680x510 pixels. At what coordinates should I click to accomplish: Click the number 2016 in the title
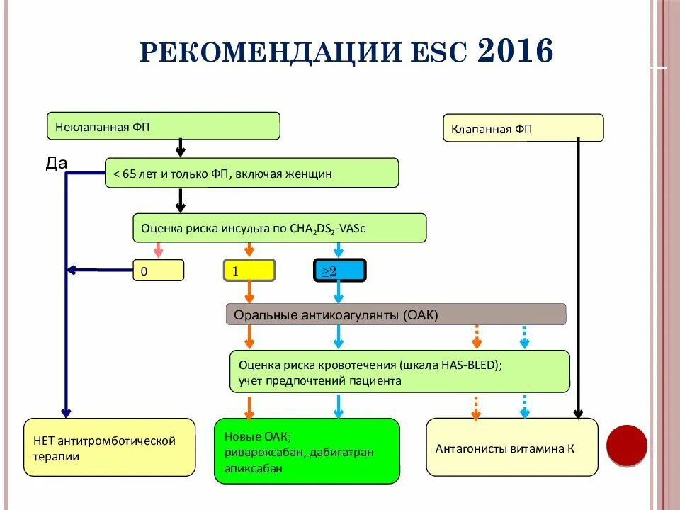(515, 51)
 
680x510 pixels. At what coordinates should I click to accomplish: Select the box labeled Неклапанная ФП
(164, 126)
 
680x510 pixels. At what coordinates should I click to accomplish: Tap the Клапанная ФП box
(523, 128)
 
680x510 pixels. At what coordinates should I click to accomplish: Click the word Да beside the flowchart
(57, 164)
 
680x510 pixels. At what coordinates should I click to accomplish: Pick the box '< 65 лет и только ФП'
(251, 173)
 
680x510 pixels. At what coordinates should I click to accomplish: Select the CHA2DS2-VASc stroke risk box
(279, 228)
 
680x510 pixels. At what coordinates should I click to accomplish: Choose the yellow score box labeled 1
(249, 271)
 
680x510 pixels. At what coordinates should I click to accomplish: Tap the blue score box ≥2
(339, 271)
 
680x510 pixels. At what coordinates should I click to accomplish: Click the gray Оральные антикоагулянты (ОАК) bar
(396, 314)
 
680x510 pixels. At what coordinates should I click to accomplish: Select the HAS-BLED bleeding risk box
(400, 371)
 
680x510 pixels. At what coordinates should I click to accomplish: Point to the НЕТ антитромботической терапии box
(110, 448)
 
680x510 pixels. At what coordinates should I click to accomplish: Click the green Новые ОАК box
(307, 451)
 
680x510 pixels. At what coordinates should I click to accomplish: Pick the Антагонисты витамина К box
(511, 447)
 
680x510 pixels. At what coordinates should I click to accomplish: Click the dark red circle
(626, 446)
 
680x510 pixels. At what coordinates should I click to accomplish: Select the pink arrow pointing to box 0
(159, 250)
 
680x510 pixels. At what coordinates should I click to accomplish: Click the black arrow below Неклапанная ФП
(181, 147)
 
